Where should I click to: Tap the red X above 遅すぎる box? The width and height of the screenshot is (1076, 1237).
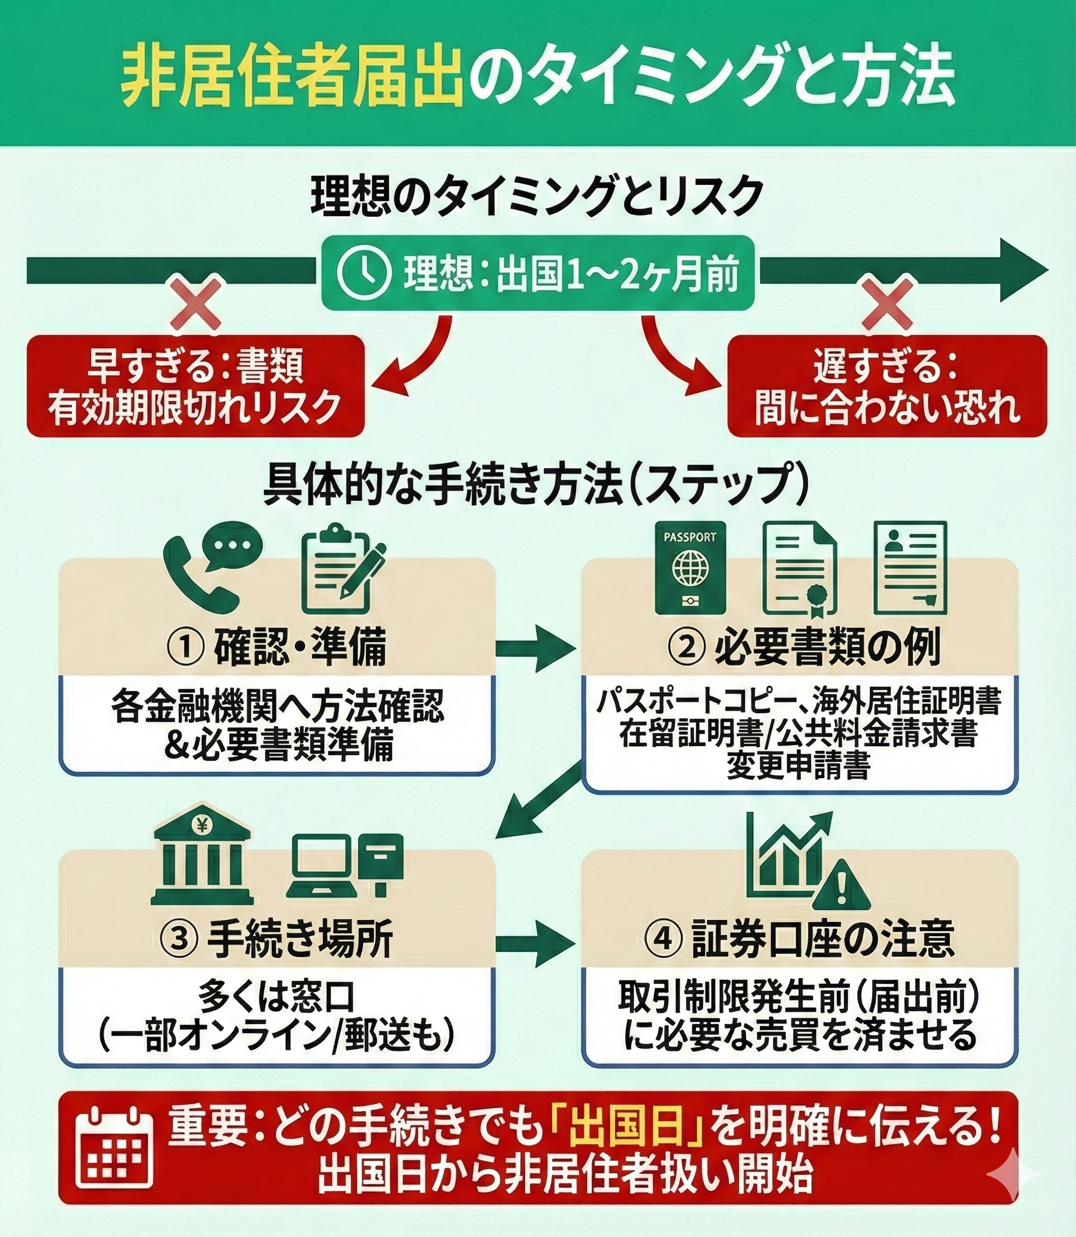click(x=887, y=311)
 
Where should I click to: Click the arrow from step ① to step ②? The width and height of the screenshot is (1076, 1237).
click(x=536, y=649)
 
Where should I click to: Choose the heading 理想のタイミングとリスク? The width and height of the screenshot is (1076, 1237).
click(x=537, y=196)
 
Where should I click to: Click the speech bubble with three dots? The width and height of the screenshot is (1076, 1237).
click(x=233, y=547)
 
